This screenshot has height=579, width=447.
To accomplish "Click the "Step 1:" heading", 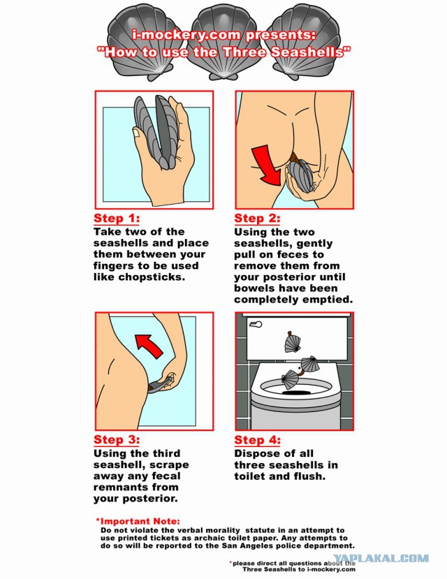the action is tap(116, 218).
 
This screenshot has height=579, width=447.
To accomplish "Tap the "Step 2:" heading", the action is tap(257, 218).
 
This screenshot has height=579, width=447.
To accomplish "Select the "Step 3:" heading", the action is tap(116, 440).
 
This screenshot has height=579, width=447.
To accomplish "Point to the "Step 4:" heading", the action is tap(257, 440).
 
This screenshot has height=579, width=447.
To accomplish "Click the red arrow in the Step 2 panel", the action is tap(267, 165).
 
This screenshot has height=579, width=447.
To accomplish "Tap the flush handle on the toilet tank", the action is tap(256, 324).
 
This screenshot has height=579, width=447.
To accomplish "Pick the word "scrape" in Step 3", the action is tap(169, 465).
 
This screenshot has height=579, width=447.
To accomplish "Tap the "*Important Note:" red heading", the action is tap(138, 522).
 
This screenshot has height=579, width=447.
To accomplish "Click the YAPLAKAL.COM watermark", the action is tap(381, 558).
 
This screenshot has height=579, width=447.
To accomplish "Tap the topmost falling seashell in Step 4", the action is tap(293, 342).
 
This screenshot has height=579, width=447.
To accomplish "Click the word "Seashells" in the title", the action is tap(309, 52).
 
